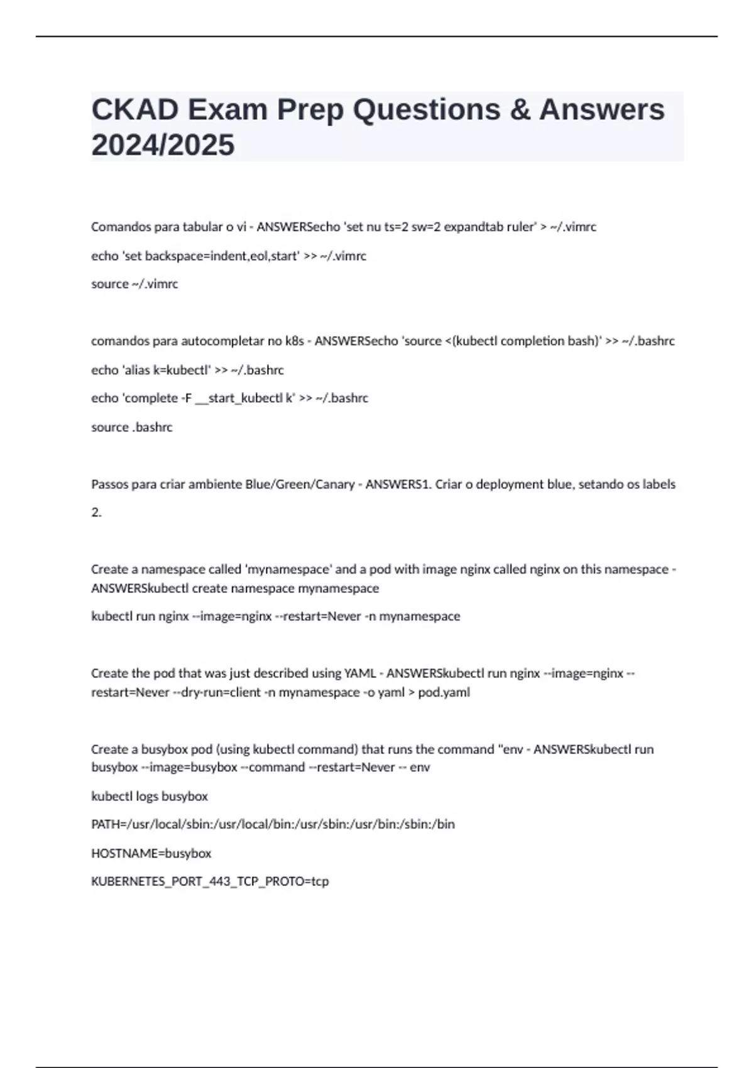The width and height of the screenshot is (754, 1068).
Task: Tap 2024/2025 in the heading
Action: [163, 145]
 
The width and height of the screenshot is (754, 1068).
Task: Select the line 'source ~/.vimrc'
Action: [134, 284]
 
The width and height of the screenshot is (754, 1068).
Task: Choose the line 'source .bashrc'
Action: [131, 427]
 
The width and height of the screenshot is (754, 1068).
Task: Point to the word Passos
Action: [109, 484]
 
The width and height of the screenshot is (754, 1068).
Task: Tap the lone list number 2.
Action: [96, 513]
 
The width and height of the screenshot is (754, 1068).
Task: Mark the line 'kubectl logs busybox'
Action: [150, 797]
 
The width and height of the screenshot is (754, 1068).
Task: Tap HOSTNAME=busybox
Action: [151, 853]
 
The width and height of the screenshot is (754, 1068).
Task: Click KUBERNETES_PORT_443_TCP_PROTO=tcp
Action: [210, 881]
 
